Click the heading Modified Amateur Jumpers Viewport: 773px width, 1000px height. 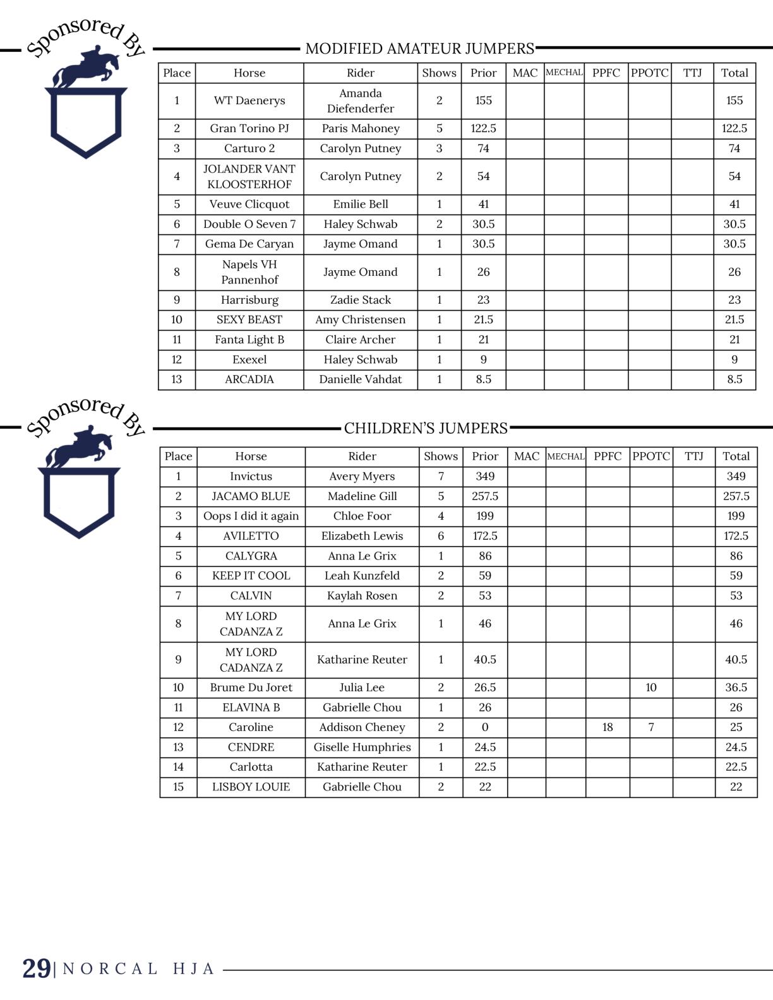[x=419, y=49]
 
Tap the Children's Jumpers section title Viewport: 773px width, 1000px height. [x=426, y=428]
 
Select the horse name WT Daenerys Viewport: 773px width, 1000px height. [x=249, y=100]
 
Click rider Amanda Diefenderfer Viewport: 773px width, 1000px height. [x=361, y=101]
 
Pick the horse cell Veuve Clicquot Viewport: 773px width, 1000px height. [x=249, y=204]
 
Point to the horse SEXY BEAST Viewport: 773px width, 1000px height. [x=249, y=319]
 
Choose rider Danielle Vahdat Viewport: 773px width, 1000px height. [x=361, y=379]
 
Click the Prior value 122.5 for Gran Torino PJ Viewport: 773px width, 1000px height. [x=483, y=128]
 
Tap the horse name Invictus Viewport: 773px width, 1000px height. [x=251, y=476]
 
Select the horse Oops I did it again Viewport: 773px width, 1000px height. [x=251, y=516]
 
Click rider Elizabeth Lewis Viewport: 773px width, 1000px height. [x=362, y=536]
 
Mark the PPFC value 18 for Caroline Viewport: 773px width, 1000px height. [x=608, y=727]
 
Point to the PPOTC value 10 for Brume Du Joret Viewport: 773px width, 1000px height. [x=651, y=687]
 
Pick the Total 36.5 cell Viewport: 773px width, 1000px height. [x=736, y=687]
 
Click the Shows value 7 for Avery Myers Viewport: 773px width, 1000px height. [x=441, y=476]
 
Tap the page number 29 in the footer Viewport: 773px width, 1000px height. [x=37, y=968]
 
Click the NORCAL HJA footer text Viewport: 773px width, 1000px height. [x=139, y=969]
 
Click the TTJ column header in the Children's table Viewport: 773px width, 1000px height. [x=693, y=456]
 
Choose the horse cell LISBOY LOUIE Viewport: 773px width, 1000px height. [x=251, y=787]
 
